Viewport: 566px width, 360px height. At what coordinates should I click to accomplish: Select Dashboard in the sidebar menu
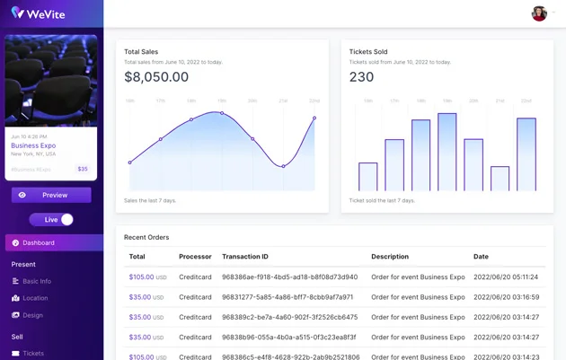[39, 242]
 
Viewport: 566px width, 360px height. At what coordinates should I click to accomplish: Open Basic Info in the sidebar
[37, 281]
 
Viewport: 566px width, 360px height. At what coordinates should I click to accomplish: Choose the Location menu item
[35, 298]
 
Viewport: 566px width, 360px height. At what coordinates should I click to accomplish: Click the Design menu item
[32, 315]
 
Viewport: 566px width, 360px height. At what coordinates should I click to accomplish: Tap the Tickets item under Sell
[33, 354]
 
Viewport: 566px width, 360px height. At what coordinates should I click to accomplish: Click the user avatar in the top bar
[539, 13]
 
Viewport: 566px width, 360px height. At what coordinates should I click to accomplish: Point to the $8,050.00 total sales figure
[156, 77]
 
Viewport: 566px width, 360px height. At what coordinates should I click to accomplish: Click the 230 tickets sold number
[361, 77]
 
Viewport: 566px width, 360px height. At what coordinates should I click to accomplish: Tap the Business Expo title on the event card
[33, 145]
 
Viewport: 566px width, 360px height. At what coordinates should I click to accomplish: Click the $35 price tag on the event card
[83, 169]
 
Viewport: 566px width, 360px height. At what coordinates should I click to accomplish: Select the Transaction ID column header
[245, 257]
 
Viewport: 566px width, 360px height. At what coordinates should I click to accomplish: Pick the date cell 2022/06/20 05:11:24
[506, 277]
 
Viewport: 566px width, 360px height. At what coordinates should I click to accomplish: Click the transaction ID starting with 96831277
[287, 297]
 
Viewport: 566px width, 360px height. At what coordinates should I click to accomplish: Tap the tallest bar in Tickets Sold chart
[447, 152]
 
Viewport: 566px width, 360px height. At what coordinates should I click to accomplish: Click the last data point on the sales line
[314, 118]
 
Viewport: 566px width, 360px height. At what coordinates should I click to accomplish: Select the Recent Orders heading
[146, 237]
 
